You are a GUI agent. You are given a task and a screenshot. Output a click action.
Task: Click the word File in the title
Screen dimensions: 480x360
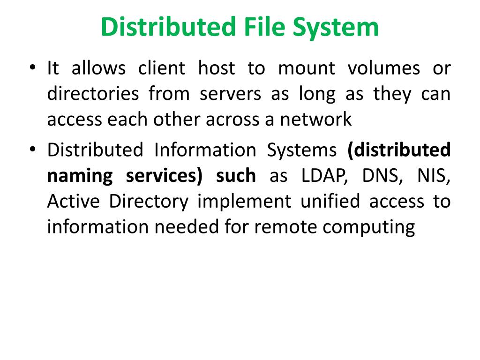click(x=264, y=27)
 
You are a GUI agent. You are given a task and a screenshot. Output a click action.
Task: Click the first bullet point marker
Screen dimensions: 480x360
click(x=32, y=67)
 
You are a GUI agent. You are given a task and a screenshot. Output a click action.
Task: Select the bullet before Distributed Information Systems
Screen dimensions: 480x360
click(x=32, y=149)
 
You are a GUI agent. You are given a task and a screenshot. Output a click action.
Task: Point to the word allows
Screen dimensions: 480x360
click(x=98, y=68)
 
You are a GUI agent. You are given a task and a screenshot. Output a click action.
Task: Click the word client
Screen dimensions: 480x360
click(x=162, y=68)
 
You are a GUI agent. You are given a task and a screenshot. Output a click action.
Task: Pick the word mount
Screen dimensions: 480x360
click(x=307, y=68)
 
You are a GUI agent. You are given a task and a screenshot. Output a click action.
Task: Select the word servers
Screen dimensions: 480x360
click(x=230, y=94)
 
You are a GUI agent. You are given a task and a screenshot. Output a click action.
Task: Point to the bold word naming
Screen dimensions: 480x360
click(x=80, y=176)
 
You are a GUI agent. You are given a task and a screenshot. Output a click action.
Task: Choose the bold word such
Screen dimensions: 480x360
click(x=236, y=176)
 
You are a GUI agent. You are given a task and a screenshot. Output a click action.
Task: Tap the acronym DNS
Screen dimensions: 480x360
click(x=380, y=176)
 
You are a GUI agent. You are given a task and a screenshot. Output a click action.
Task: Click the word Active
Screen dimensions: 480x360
click(x=73, y=202)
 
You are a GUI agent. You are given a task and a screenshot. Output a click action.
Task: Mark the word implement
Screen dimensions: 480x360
click(x=244, y=202)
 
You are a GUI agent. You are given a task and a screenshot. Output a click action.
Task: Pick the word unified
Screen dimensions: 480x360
click(x=330, y=202)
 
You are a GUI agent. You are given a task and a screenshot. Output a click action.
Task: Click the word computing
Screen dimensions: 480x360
click(x=368, y=227)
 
